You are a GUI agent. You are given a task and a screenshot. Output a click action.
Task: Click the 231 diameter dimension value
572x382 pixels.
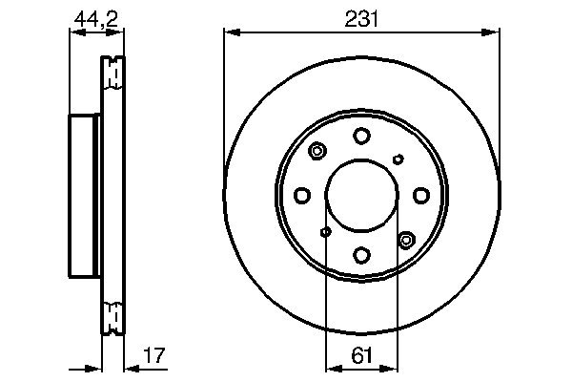tap(361, 16)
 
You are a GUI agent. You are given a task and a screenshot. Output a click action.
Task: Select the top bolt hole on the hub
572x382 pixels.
tap(361, 136)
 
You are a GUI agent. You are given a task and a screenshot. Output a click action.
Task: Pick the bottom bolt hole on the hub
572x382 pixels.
tap(361, 255)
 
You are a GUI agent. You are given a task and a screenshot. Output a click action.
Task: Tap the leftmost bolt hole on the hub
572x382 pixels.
tap(301, 196)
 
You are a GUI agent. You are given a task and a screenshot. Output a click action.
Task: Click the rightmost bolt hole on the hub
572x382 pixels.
tap(421, 196)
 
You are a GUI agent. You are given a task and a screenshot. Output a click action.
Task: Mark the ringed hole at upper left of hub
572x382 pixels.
tap(317, 151)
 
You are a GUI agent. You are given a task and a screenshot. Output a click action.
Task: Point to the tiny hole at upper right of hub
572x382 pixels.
tap(398, 159)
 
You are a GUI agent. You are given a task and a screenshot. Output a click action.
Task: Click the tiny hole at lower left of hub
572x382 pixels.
tap(325, 232)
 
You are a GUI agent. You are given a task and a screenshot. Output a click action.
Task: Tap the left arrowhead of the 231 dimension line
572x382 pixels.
tap(229, 33)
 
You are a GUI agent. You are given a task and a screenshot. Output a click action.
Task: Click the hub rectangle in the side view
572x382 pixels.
tap(85, 196)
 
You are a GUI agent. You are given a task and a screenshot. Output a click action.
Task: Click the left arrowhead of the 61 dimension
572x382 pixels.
tap(331, 367)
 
